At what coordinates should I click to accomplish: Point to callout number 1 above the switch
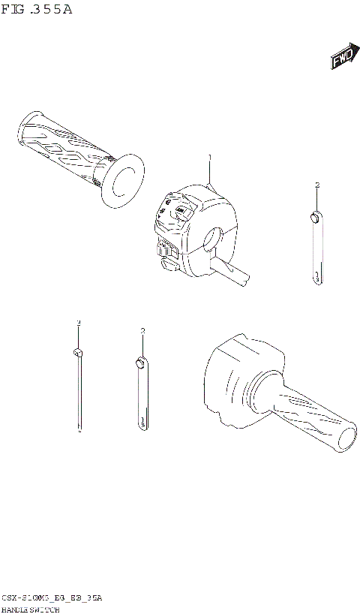tap(210, 157)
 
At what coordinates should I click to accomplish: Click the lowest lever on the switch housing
tap(167, 262)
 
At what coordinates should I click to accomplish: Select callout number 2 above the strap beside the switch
tap(317, 185)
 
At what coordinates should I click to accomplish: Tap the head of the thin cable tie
tap(77, 352)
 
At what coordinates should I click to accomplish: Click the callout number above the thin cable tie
tap(77, 322)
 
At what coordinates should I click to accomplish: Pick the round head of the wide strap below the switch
tap(139, 363)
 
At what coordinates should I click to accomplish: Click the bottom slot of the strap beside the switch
tap(317, 276)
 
